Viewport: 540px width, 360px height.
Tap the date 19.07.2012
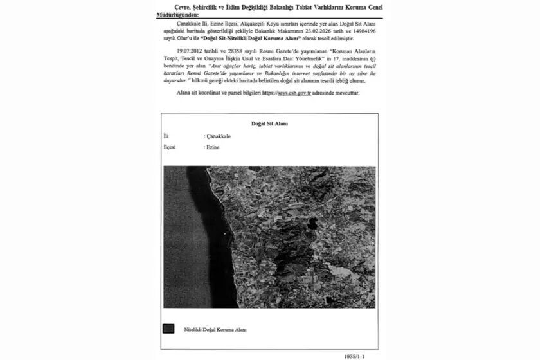[x=192, y=49]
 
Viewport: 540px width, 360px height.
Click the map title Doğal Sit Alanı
[x=269, y=123]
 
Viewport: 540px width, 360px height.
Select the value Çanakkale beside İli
[x=219, y=137]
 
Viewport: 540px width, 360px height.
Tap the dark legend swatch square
[x=168, y=328]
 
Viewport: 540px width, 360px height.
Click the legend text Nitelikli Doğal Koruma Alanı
[x=215, y=329]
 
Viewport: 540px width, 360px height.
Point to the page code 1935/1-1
[x=358, y=353]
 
